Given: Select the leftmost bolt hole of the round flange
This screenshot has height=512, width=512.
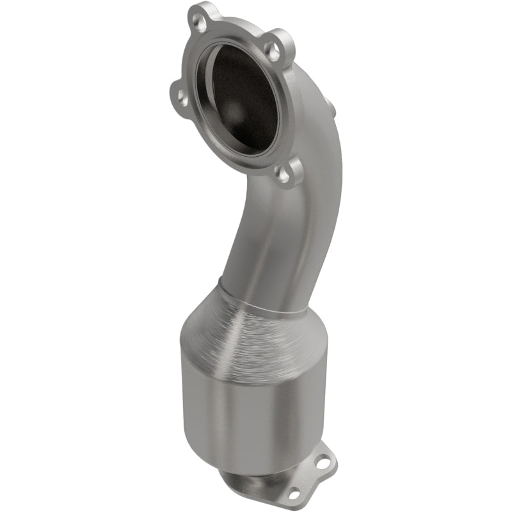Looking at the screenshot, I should click(x=181, y=98).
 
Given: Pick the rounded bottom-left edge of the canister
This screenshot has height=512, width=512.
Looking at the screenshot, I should click(x=192, y=442).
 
